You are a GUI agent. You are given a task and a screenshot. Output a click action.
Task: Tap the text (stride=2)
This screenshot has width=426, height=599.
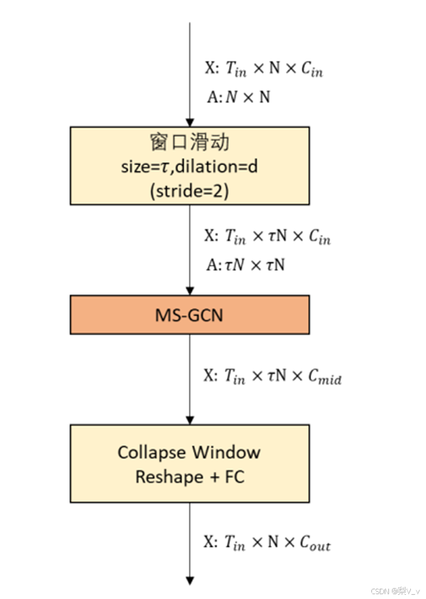[189, 190]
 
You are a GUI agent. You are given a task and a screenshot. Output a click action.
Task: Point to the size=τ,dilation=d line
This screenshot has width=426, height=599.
[189, 166]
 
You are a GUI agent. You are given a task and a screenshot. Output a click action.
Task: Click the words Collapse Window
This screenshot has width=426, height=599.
[189, 453]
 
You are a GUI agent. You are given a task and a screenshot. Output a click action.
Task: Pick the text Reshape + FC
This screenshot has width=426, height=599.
[189, 477]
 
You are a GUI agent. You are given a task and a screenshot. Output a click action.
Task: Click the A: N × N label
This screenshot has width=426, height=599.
[237, 97]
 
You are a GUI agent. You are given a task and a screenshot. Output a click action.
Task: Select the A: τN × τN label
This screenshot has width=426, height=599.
[246, 265]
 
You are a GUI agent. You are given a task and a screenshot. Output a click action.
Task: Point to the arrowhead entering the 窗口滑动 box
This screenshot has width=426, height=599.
[190, 122]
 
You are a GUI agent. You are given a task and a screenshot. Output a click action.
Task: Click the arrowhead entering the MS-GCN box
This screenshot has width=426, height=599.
[190, 290]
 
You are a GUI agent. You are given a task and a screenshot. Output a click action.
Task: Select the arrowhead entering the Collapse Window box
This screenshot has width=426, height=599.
[190, 420]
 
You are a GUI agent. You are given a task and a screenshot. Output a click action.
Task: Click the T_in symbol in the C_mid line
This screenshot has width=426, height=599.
[235, 377]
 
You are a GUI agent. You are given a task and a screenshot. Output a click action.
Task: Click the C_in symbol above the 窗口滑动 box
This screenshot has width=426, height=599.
[312, 70]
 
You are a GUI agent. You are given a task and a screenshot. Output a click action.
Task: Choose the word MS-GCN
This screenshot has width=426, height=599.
[189, 315]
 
